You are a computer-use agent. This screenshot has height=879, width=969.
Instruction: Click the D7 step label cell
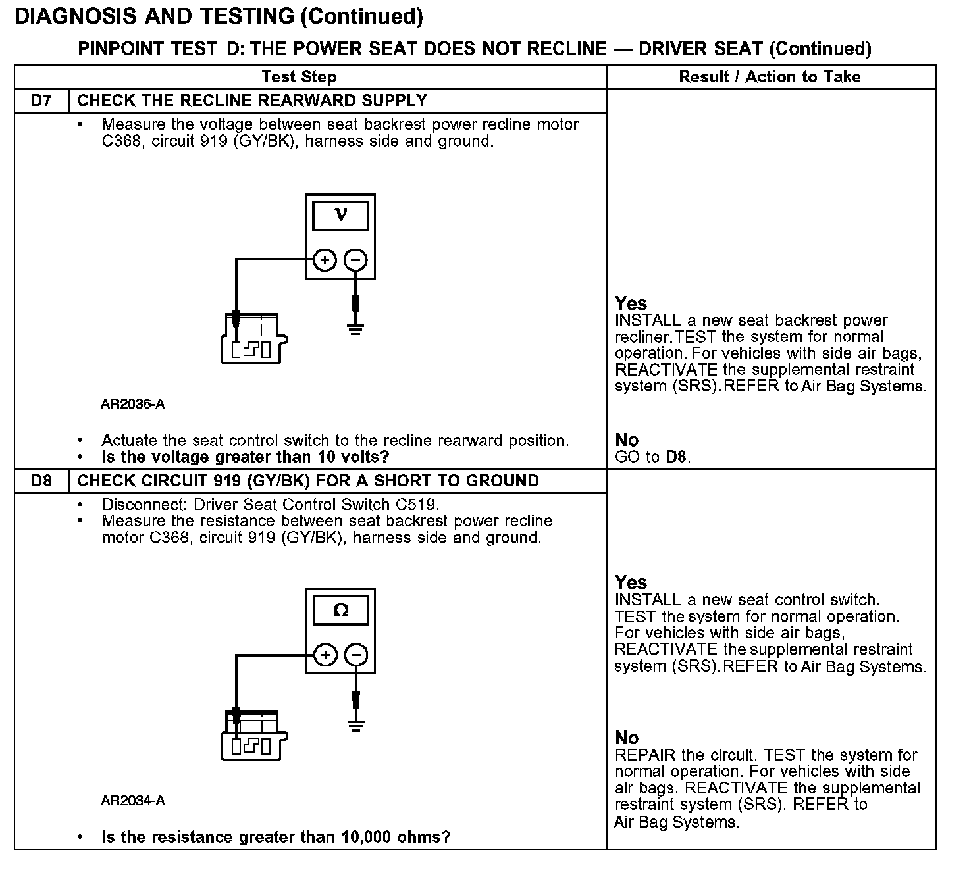[x=41, y=101]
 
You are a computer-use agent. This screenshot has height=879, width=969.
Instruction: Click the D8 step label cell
[x=41, y=481]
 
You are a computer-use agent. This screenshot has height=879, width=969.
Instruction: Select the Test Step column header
[x=299, y=77]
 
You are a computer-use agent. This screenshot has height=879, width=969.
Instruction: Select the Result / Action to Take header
[x=770, y=77]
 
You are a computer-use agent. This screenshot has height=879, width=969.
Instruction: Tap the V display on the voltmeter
[x=340, y=216]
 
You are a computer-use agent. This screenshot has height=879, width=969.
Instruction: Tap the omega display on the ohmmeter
[x=340, y=611]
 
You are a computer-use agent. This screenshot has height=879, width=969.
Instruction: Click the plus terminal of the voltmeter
[x=325, y=261]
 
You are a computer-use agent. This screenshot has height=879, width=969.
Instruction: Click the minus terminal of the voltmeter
[x=356, y=261]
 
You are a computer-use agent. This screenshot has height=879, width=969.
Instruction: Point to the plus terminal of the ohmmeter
[x=325, y=655]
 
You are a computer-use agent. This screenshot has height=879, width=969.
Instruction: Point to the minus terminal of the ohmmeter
[x=356, y=655]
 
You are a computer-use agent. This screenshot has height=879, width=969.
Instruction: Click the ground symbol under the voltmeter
[x=355, y=329]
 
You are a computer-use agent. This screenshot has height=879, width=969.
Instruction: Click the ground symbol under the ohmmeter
[x=355, y=725]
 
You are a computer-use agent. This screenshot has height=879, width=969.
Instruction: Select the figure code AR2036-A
[x=132, y=404]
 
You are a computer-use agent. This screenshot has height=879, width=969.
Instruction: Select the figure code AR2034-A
[x=132, y=801]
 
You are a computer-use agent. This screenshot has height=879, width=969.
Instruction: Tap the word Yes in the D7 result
[x=631, y=303]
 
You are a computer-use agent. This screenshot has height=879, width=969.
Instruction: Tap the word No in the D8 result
[x=627, y=738]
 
